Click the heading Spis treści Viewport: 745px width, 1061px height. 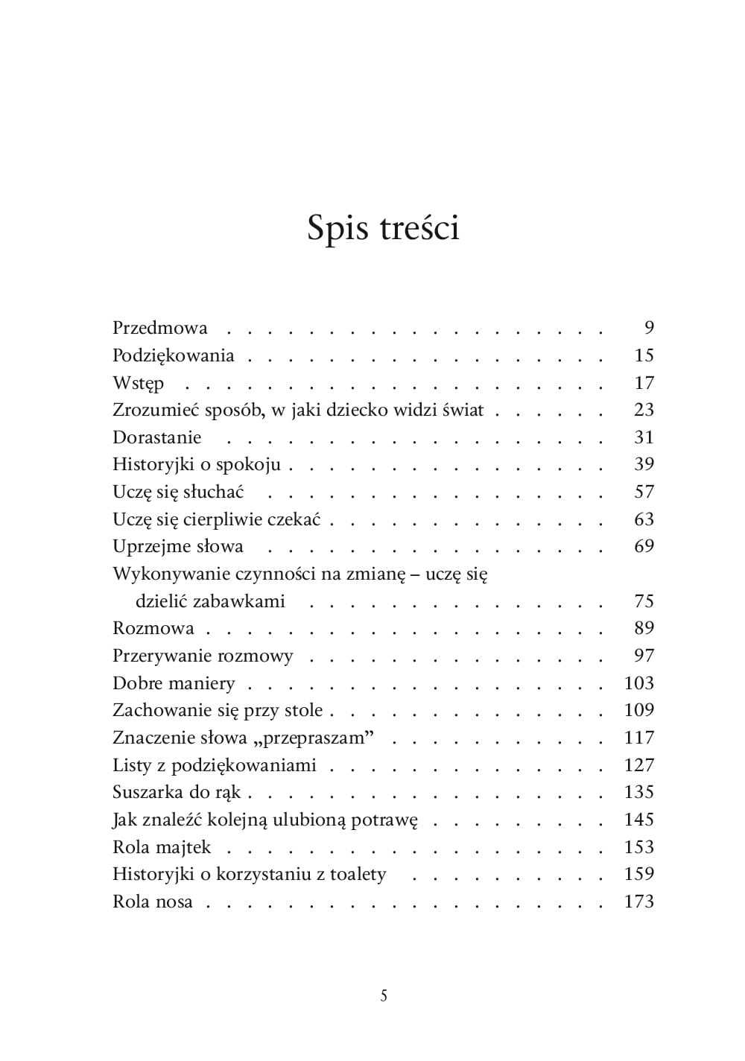[x=383, y=228]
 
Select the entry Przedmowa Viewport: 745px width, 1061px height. [x=160, y=328]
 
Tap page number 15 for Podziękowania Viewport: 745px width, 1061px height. [x=644, y=355]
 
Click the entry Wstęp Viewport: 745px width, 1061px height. [x=138, y=384]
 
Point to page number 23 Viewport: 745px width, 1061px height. [x=644, y=410]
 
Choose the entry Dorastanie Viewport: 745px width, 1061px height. [x=157, y=437]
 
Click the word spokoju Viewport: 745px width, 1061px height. [x=248, y=465]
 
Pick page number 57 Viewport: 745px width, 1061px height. [x=644, y=492]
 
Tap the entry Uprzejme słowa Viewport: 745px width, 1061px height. [x=178, y=546]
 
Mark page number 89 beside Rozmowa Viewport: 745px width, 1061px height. [x=644, y=628]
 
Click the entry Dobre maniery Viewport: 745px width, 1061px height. [x=174, y=683]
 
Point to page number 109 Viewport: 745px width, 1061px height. [x=639, y=710]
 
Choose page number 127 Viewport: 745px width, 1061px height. [x=639, y=765]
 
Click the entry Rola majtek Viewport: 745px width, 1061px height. [x=162, y=847]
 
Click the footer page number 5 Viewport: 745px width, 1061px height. [x=384, y=995]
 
